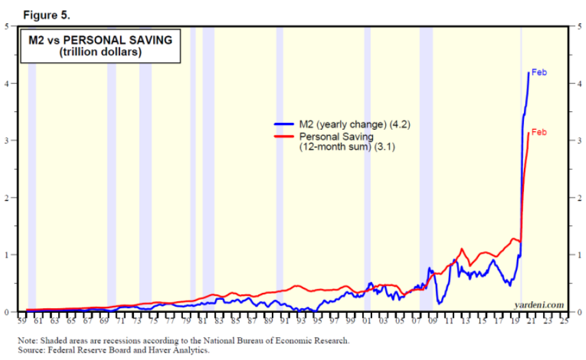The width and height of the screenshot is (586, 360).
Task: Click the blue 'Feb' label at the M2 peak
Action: click(540, 72)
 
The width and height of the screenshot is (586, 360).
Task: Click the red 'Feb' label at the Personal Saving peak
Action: click(540, 132)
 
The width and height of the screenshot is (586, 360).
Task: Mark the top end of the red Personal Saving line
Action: click(529, 133)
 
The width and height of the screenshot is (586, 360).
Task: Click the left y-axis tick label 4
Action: click(6, 83)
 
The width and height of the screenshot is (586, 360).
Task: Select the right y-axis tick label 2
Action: click(578, 198)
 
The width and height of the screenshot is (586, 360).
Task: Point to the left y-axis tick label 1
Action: click(6, 255)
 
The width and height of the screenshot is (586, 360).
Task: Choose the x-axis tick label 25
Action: click(564, 319)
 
